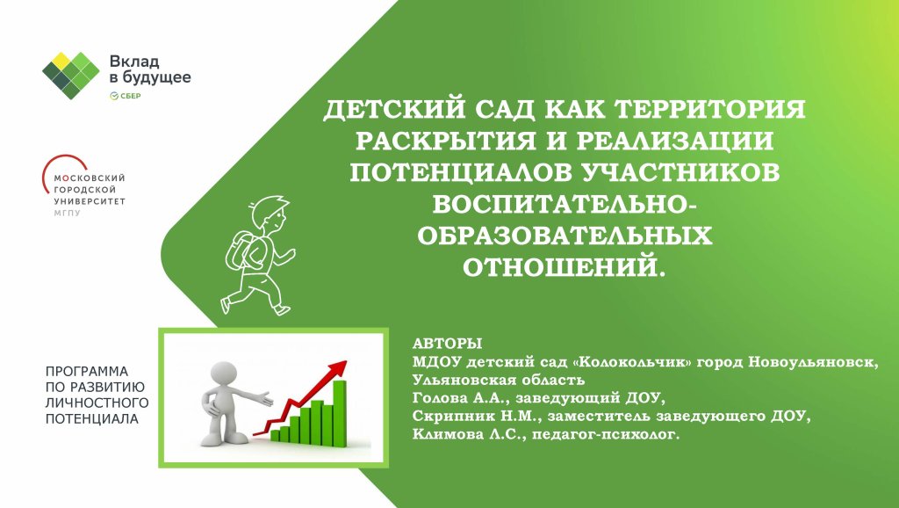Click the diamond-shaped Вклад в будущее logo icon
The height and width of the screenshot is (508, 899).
71,76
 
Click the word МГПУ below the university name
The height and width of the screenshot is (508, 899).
67,213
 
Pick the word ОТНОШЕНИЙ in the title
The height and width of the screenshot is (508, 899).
565,267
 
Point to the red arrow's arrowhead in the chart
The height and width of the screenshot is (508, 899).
339,367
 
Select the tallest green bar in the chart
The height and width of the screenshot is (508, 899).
340,412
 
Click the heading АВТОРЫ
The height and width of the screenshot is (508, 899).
447,344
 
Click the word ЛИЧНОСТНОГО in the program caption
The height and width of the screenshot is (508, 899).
97,403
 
